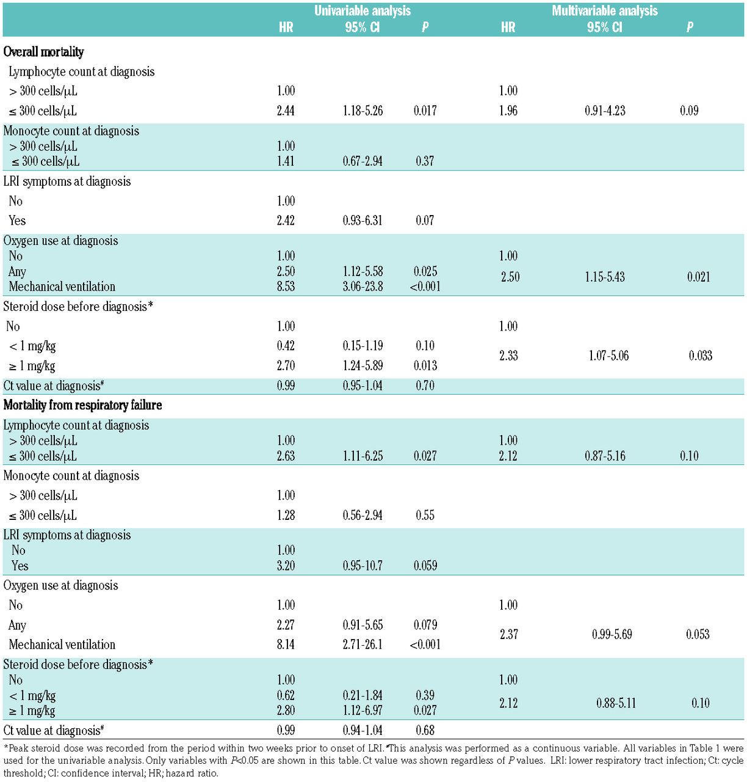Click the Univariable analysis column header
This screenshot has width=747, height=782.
point(363,11)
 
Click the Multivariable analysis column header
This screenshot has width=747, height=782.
point(604,11)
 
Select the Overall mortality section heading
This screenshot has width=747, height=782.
point(43,52)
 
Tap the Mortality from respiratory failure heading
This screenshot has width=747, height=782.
point(82,405)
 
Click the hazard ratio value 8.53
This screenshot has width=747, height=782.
point(286,287)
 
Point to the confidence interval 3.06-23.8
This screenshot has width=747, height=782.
point(363,287)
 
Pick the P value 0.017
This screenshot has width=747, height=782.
point(425,111)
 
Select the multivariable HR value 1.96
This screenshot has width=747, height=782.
point(508,111)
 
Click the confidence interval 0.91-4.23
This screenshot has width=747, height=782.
point(605,111)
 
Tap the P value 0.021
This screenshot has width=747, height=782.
point(698,277)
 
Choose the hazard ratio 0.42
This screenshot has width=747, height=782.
point(286,346)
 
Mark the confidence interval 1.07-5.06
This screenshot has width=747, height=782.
point(608,356)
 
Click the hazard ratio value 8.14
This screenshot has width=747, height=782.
point(286,645)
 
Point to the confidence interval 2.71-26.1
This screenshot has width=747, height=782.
point(363,645)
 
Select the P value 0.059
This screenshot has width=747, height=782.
point(425,566)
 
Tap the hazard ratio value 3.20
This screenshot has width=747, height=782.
point(286,566)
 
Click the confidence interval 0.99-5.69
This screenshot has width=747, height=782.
point(612,634)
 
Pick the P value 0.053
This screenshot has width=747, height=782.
point(697,634)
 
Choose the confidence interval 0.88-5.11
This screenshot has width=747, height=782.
point(616,703)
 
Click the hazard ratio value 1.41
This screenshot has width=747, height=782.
point(286,161)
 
